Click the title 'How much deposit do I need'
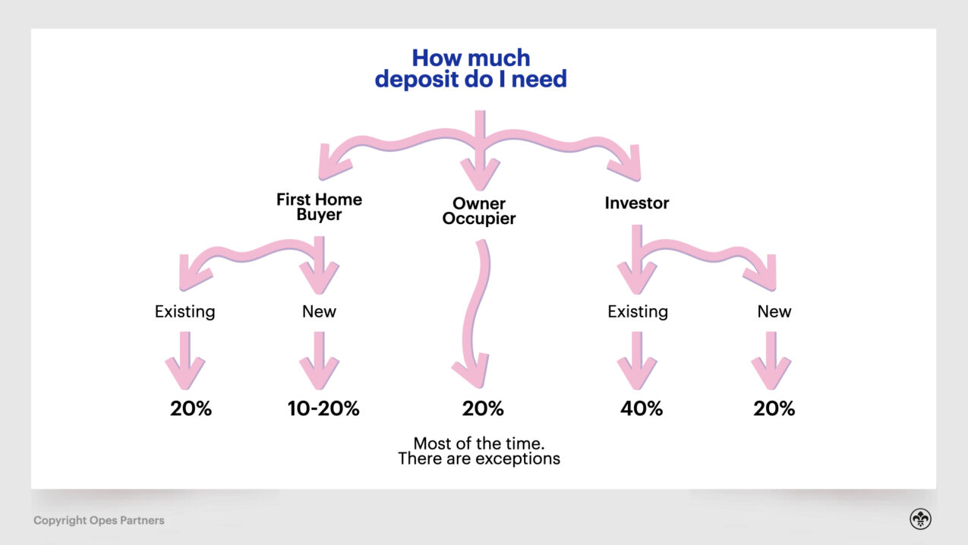(471, 68)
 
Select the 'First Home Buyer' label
(319, 206)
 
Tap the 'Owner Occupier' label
(479, 211)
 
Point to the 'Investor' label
(637, 203)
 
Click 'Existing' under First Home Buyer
(185, 311)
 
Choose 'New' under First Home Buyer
(319, 311)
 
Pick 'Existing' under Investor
(638, 311)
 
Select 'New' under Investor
(774, 311)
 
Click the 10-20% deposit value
(323, 408)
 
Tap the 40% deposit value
(642, 408)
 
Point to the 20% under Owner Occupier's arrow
(483, 408)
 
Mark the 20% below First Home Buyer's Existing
(191, 408)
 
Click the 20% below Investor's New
(774, 408)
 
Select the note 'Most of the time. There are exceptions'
(479, 451)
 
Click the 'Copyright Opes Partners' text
(99, 521)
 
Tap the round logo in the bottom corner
(921, 519)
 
